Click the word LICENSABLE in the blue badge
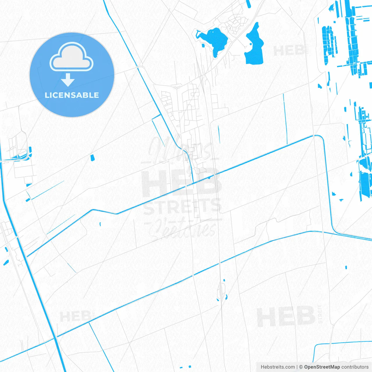click(72, 95)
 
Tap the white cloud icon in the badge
click(71, 57)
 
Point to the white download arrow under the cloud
click(68, 80)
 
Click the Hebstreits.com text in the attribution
click(278, 367)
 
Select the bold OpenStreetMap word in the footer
click(322, 367)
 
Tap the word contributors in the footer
click(355, 367)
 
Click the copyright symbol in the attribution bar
click(301, 367)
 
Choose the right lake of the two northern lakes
click(255, 46)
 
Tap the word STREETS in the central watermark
click(183, 206)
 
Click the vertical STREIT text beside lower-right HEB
click(320, 314)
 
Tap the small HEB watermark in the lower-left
click(75, 316)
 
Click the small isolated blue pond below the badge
click(92, 158)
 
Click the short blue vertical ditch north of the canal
click(285, 119)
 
